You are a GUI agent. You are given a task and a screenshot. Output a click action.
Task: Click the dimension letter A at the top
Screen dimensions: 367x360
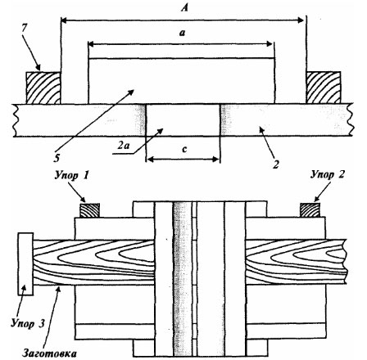click(185, 8)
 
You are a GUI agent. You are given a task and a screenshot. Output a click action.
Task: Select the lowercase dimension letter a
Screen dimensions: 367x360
click(182, 33)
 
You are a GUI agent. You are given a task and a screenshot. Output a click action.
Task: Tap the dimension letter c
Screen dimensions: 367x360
click(184, 149)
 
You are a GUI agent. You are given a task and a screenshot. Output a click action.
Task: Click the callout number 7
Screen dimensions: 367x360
click(24, 29)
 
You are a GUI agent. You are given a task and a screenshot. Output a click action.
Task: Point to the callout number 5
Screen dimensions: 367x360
click(57, 158)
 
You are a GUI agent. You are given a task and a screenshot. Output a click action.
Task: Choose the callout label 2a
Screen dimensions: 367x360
click(123, 146)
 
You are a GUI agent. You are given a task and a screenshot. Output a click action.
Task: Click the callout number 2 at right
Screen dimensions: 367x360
click(276, 164)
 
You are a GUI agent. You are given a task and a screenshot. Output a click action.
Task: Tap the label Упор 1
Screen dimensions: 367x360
click(71, 176)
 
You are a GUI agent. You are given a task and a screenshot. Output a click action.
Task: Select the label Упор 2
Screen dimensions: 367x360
click(328, 174)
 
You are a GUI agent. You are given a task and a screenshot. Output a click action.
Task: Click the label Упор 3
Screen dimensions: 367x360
click(27, 323)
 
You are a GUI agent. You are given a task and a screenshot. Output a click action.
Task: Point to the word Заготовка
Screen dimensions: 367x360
click(49, 353)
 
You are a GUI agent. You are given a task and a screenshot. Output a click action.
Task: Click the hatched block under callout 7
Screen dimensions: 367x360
click(43, 88)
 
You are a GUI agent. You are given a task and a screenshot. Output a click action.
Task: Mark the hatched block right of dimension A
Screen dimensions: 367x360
click(324, 88)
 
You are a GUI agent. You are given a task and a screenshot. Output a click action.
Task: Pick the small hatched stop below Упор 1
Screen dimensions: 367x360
click(89, 210)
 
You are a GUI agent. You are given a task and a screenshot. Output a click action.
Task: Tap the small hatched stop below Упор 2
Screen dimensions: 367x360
click(310, 209)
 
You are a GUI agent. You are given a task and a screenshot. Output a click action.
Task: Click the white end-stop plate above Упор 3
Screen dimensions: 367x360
click(25, 263)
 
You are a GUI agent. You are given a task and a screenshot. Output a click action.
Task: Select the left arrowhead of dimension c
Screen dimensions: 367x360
click(149, 160)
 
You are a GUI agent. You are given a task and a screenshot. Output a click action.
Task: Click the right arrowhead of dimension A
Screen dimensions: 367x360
click(301, 20)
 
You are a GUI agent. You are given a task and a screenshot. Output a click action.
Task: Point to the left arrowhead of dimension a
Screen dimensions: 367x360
click(92, 44)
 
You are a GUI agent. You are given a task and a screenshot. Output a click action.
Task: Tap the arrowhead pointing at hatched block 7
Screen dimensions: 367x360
click(38, 67)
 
